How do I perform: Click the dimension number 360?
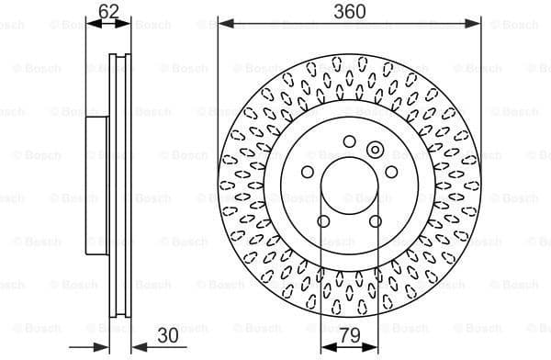click(x=349, y=11)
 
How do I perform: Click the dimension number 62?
click(x=108, y=12)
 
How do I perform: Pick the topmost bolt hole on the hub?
click(x=349, y=141)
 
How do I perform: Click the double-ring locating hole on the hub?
click(x=375, y=150)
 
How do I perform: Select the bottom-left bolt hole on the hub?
click(x=323, y=220)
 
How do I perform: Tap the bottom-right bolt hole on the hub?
click(x=375, y=220)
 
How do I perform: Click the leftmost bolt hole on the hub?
click(x=308, y=172)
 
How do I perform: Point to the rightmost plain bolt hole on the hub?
click(x=391, y=172)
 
